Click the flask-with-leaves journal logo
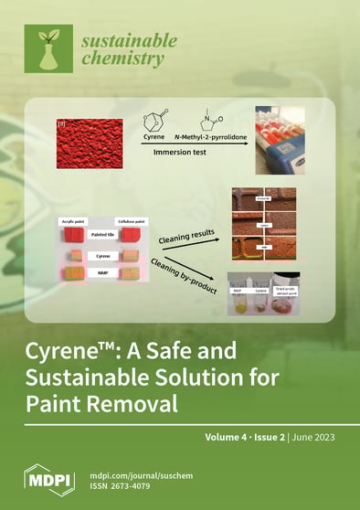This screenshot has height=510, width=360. click(x=54, y=50)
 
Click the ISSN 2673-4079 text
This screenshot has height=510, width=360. click(x=130, y=485)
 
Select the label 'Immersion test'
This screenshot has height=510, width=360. click(x=183, y=167)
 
